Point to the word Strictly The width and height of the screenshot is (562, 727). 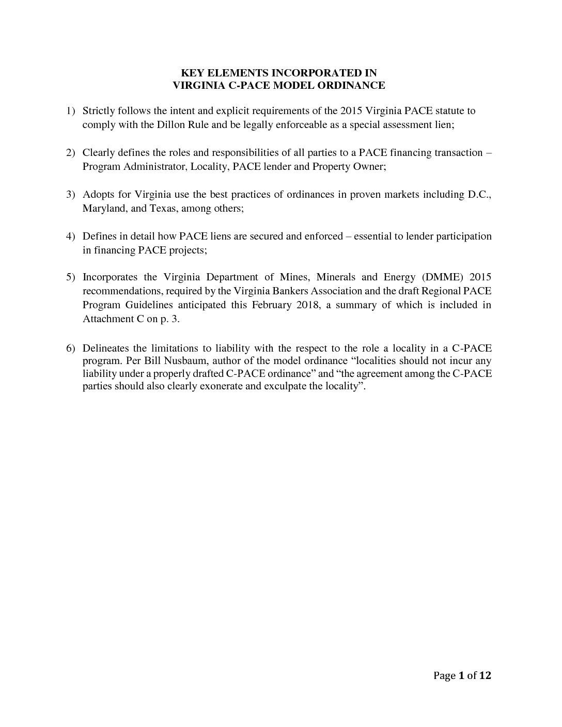99,110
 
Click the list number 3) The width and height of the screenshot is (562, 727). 71,195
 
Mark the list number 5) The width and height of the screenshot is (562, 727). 71,277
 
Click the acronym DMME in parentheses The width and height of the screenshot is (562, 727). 441,277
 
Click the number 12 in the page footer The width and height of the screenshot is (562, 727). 485,675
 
